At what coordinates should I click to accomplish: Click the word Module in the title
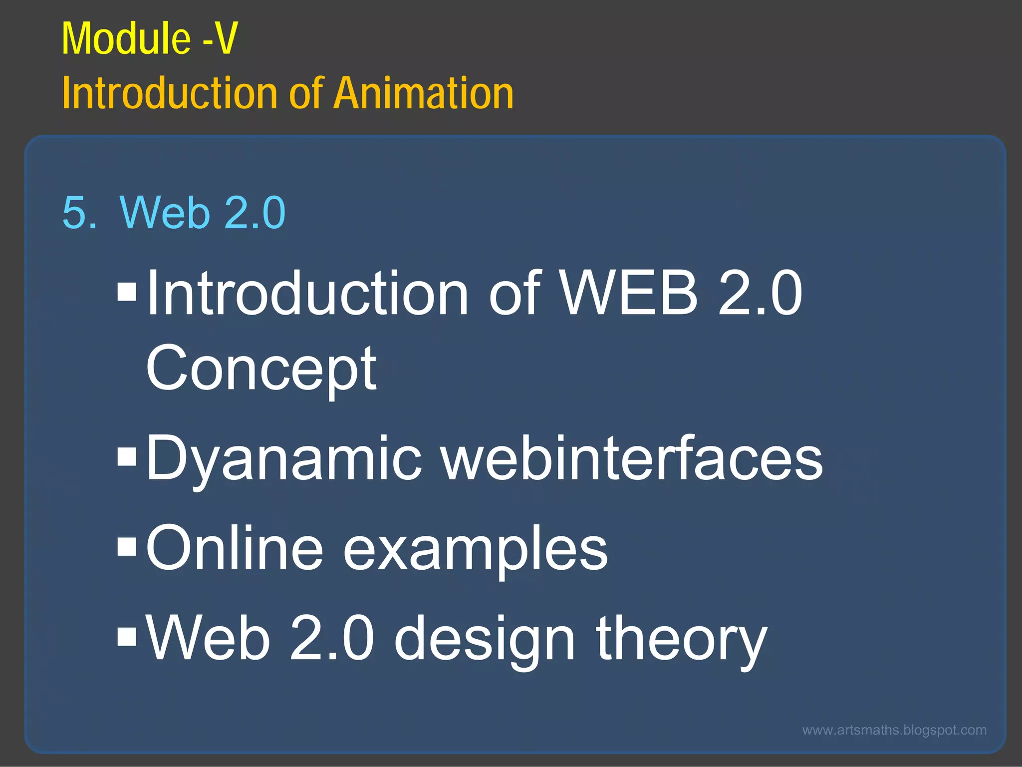click(126, 39)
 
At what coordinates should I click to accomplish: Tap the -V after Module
click(220, 39)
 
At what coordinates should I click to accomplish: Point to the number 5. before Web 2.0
click(79, 213)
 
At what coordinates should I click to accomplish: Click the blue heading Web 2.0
click(203, 213)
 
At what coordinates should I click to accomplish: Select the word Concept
click(261, 370)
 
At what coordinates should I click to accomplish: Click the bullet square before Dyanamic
click(127, 456)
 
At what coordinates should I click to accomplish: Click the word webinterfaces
click(632, 458)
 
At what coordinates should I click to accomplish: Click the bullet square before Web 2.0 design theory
click(127, 636)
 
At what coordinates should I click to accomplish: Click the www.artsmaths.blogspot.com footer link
click(894, 730)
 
